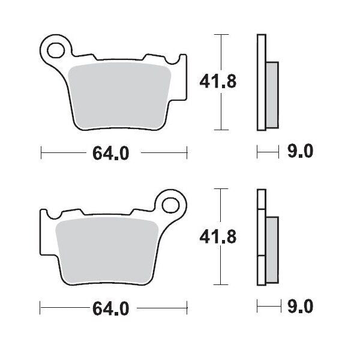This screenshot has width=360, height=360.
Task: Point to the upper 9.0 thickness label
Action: click(x=299, y=153)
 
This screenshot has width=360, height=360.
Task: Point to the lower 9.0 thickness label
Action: click(x=299, y=308)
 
